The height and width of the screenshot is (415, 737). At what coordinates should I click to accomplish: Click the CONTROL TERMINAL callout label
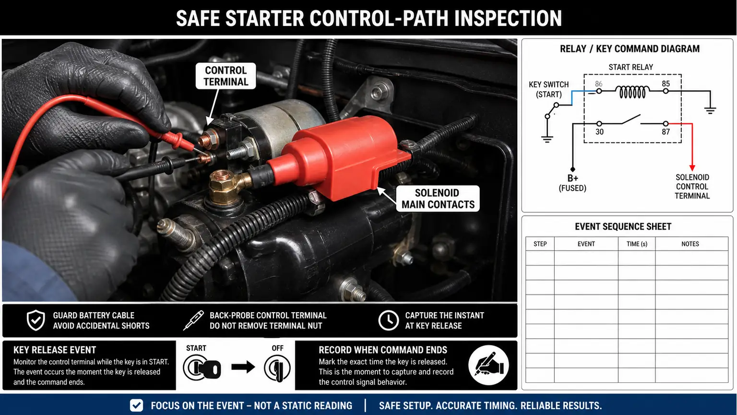(226, 76)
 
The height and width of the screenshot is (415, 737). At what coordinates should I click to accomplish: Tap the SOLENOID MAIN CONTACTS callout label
(438, 198)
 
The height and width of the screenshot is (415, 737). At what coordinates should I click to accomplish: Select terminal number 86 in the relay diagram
(598, 84)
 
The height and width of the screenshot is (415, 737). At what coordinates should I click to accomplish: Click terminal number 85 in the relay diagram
(666, 84)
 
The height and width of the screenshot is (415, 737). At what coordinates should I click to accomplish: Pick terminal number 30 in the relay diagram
(599, 132)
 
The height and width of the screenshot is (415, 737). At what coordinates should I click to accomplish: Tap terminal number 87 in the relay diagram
(666, 132)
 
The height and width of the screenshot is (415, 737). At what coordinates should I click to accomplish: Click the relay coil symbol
(632, 92)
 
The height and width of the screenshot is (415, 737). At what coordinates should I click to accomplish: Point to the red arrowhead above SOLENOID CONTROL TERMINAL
(692, 167)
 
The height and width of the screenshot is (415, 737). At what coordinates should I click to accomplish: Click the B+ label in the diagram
(572, 178)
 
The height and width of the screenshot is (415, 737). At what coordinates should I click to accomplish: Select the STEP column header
(540, 244)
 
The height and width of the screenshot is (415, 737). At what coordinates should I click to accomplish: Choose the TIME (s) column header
(637, 244)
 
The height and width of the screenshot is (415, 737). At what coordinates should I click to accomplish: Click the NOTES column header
(690, 244)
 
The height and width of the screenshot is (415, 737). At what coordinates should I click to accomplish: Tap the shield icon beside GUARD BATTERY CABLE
(36, 320)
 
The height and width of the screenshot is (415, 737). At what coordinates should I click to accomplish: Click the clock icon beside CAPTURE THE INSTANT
(388, 320)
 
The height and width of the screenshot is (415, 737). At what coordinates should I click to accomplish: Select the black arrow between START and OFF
(243, 367)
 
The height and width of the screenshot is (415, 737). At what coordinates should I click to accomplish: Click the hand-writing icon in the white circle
(488, 365)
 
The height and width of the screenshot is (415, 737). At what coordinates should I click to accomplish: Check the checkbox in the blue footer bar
(137, 405)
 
